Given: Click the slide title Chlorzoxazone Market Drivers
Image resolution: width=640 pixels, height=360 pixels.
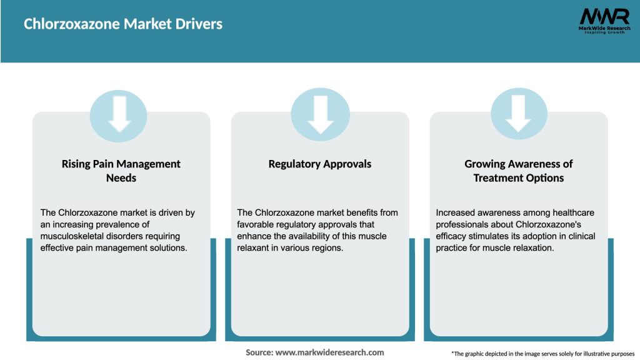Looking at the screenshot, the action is click(123, 24).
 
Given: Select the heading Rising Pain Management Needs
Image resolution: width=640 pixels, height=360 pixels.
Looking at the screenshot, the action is click(121, 171).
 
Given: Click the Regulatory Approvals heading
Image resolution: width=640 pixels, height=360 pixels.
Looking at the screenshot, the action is click(319, 164).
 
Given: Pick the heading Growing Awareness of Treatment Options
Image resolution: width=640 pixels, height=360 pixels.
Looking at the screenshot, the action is click(518, 171).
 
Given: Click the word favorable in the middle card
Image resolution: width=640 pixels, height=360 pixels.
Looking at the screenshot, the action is click(257, 224).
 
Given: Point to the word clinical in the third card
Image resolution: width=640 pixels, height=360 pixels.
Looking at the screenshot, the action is click(578, 236).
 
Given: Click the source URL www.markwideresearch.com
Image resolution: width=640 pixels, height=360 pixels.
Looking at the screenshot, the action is click(330, 352).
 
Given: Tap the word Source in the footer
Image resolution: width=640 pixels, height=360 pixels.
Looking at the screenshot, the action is click(259, 352).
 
